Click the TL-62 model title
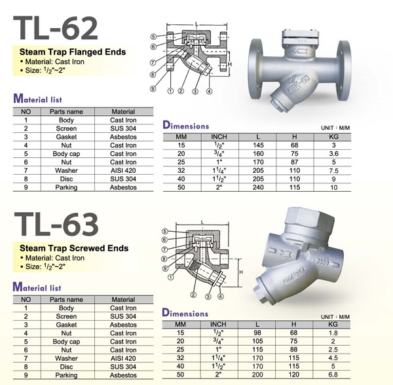point(56,28)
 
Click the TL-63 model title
point(56,224)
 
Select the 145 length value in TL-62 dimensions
point(258,145)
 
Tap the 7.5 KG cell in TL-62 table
point(333,171)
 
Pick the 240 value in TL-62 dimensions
point(258,187)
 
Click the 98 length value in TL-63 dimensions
point(257,333)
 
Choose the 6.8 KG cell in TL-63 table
point(333,375)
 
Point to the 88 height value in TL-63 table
point(293,350)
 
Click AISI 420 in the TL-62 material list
point(123,171)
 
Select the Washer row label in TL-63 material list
point(66,358)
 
